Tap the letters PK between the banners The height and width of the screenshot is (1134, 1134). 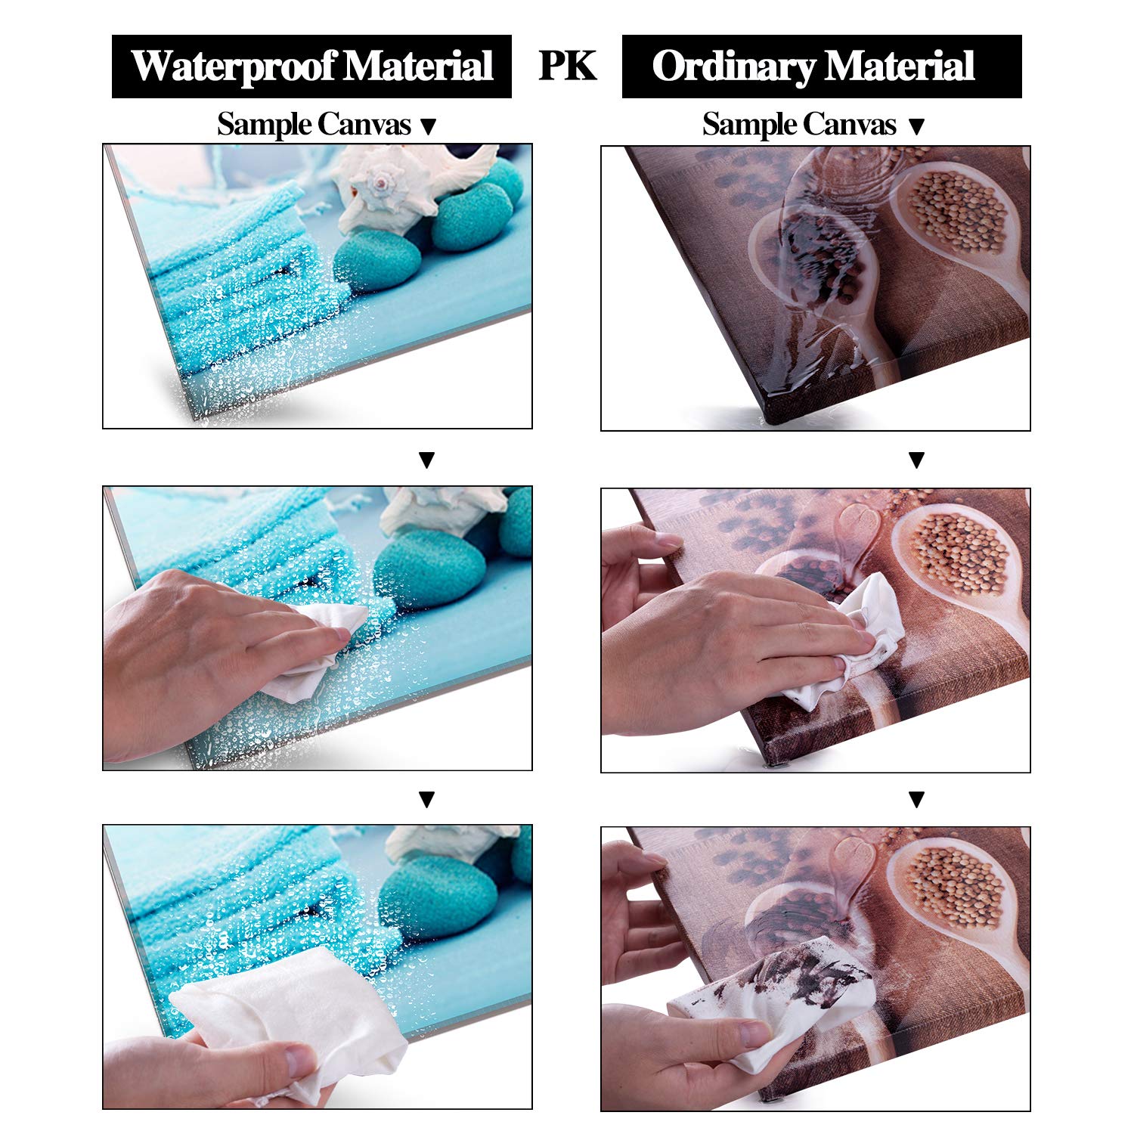(567, 66)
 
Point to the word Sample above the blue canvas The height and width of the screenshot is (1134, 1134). (264, 125)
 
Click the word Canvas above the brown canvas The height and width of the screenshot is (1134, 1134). (850, 124)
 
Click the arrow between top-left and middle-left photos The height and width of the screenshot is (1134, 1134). (427, 460)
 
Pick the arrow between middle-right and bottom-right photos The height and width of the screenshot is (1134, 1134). (916, 798)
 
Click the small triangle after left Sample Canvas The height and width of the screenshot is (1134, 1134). (428, 127)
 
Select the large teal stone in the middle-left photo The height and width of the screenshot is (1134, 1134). (429, 569)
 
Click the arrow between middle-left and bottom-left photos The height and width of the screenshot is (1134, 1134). (427, 798)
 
